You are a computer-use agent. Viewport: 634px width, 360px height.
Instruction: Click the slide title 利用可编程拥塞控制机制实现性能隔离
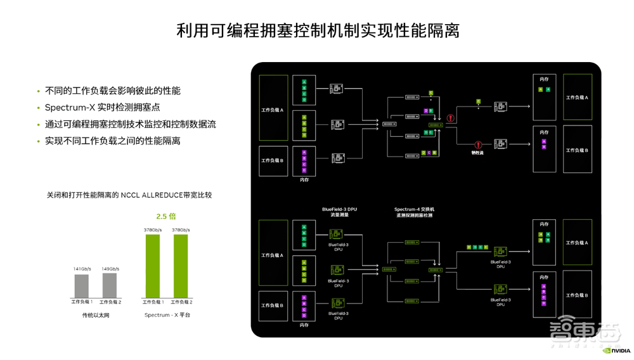click(317, 30)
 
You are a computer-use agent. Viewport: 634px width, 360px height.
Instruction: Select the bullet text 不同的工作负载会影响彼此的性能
click(112, 91)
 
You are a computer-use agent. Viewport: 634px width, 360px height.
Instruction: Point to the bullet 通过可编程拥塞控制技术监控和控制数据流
click(130, 124)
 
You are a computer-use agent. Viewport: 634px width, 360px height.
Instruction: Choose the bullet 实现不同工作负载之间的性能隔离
click(112, 141)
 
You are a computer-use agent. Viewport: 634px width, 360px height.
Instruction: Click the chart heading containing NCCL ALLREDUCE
click(129, 195)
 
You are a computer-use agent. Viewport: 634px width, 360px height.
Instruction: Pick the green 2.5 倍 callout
click(166, 217)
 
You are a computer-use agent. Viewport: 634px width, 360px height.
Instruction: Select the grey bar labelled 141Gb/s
click(82, 286)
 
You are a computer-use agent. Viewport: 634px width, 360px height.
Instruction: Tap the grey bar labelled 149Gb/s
click(110, 285)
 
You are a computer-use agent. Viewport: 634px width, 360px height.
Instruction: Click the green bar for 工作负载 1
click(153, 266)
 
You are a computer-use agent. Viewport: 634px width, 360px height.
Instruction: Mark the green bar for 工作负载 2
click(181, 266)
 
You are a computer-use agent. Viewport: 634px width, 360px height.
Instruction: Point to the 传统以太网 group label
click(96, 315)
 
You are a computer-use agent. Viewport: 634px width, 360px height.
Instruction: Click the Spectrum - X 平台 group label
click(167, 315)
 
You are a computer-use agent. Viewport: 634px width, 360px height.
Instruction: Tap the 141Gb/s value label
click(82, 269)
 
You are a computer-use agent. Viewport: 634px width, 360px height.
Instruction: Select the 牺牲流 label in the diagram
click(477, 153)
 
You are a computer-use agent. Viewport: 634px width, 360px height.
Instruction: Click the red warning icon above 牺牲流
click(478, 145)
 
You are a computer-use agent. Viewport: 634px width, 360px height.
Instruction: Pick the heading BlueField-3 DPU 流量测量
click(339, 212)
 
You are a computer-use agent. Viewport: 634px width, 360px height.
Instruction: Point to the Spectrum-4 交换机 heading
click(414, 209)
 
